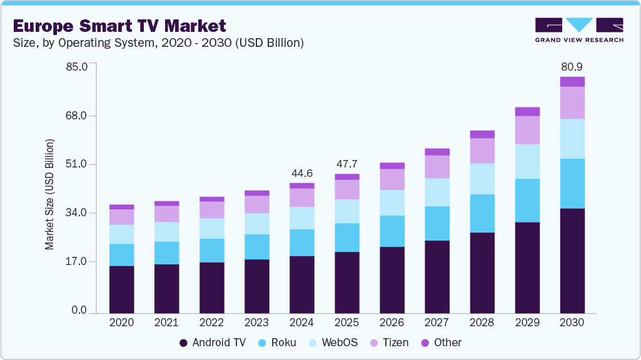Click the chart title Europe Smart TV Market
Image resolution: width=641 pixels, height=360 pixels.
coord(119,26)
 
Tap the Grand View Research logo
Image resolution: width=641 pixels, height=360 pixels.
coord(578,29)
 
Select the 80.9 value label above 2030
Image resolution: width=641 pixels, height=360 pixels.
coord(572,66)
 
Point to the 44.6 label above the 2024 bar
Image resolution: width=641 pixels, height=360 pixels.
coord(302,173)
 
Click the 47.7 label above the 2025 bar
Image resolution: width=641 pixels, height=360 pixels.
coord(347,164)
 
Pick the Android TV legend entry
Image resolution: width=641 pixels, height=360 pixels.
coord(213,342)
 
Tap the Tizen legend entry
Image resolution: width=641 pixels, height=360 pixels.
coord(389,342)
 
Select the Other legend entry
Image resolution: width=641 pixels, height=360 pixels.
coord(441,342)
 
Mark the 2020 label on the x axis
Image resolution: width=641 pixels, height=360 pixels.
coord(121,323)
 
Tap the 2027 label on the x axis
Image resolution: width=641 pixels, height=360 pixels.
coord(437,323)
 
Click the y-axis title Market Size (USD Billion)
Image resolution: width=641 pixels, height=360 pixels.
coord(49,194)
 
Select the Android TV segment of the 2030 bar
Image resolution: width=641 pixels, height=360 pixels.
coord(572,261)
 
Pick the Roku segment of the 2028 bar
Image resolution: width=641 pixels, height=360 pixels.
coord(482,213)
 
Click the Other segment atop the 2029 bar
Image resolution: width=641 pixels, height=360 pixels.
coord(527,112)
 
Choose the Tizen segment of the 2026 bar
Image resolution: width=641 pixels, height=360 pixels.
coord(392,179)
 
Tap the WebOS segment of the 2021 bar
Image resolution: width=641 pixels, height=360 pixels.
coord(166,232)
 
